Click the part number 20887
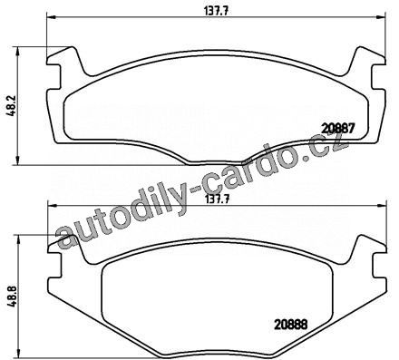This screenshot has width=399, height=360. [x=337, y=129]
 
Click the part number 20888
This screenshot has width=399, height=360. [x=291, y=325]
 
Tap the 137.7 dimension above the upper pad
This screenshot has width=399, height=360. [x=216, y=11]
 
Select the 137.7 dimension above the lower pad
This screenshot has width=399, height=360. [x=218, y=199]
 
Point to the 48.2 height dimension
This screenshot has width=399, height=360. [x=10, y=106]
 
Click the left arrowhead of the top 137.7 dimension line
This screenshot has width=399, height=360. [x=50, y=16]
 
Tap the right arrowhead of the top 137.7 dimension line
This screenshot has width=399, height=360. [x=382, y=16]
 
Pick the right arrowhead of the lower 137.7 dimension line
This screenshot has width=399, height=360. [x=383, y=205]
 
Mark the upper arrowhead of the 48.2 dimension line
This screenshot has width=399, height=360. [x=19, y=51]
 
